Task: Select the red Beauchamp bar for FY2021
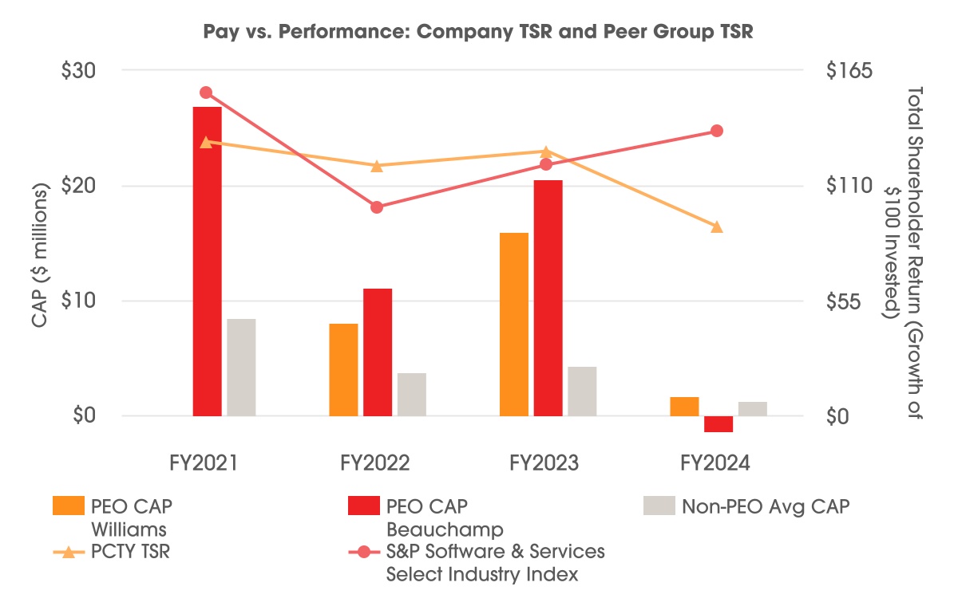[207, 261]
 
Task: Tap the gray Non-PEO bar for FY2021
[241, 367]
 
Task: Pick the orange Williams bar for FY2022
[343, 369]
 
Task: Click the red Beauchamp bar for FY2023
[548, 297]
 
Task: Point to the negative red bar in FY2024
[718, 423]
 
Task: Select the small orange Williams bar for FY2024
[684, 406]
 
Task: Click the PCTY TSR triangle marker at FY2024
[717, 227]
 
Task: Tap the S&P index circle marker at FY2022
[377, 207]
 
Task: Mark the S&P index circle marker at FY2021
[205, 92]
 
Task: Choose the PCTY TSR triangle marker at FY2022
[377, 166]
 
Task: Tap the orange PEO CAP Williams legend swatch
[68, 506]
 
